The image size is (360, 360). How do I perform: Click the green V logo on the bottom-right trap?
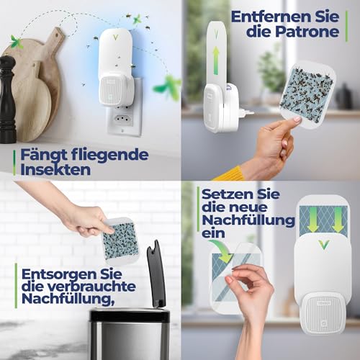pyautogui.click(x=323, y=245)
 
